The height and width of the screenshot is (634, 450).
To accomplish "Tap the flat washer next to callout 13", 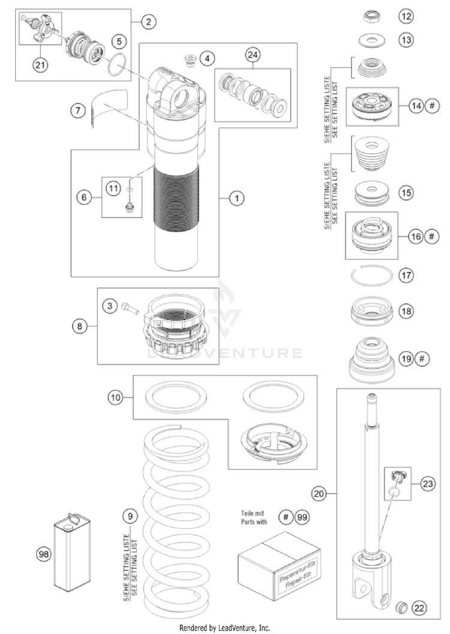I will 371,40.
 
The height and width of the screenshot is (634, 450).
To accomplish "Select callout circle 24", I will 254,55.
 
